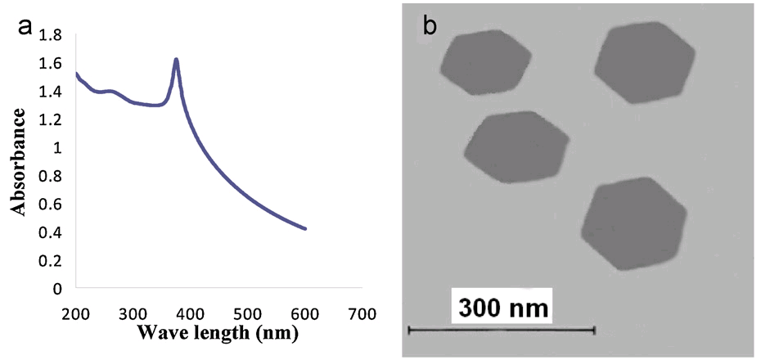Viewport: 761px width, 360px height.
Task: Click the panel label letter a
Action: pyautogui.click(x=25, y=27)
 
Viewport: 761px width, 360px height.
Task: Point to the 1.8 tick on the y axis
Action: pyautogui.click(x=49, y=35)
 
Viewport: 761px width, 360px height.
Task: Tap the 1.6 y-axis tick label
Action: pyautogui.click(x=49, y=63)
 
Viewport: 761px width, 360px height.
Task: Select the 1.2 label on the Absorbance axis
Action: pyautogui.click(x=49, y=119)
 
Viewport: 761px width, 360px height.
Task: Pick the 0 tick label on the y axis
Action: pyautogui.click(x=56, y=289)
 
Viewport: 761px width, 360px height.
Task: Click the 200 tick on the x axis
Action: pyautogui.click(x=75, y=313)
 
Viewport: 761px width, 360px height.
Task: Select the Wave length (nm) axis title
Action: pyautogui.click(x=218, y=334)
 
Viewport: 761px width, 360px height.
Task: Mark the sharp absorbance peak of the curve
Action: pyautogui.click(x=176, y=60)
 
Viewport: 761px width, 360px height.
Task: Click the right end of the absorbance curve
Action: pyautogui.click(x=305, y=228)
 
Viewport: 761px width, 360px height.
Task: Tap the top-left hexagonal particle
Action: pyautogui.click(x=485, y=64)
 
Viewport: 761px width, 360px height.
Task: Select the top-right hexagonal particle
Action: pyautogui.click(x=645, y=62)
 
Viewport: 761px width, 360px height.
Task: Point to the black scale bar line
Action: pyautogui.click(x=501, y=330)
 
